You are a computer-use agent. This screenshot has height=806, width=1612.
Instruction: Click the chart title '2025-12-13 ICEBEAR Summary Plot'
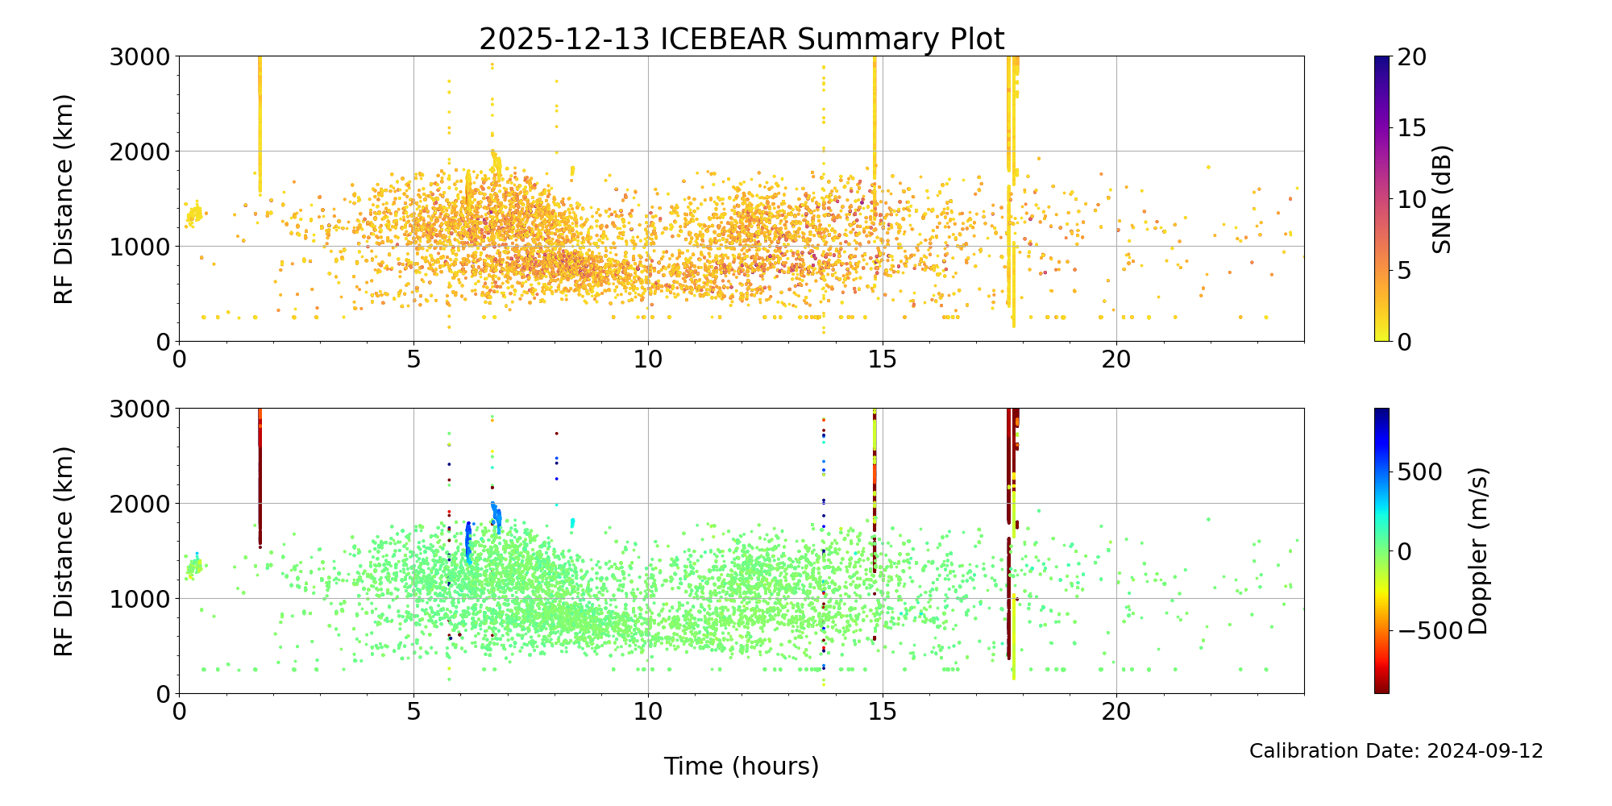point(742,39)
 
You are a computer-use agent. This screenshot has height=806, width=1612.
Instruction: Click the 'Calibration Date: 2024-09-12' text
point(1396,751)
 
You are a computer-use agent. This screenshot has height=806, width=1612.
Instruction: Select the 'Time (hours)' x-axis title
point(742,766)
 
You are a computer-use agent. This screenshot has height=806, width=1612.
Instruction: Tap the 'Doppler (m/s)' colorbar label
point(1478,550)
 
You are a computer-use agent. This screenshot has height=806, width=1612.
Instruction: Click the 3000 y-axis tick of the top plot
point(140,56)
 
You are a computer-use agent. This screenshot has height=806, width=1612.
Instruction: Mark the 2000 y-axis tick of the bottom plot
point(140,504)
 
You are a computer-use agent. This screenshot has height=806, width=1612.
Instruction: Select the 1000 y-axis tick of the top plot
point(140,247)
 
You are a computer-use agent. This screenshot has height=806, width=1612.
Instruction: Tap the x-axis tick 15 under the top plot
point(883,358)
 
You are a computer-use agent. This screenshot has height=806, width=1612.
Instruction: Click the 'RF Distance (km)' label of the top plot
point(64,199)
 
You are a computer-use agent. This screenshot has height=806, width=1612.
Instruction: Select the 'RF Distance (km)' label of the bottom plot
point(64,550)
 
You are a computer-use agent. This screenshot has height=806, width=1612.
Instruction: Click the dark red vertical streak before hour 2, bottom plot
point(260,476)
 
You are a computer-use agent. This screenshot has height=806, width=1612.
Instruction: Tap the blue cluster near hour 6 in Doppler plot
point(467,540)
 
